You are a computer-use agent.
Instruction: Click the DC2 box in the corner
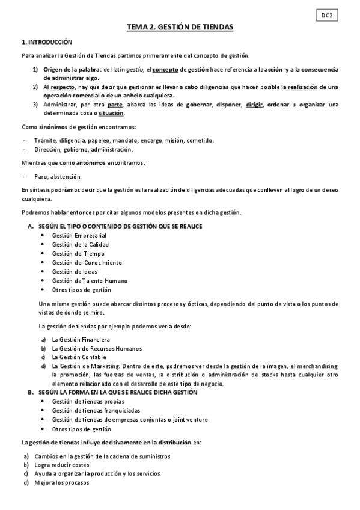[x=327, y=16]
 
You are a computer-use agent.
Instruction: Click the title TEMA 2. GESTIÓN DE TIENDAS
[x=180, y=28]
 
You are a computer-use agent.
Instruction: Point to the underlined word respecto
[x=63, y=87]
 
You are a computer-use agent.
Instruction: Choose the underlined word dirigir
[x=254, y=104]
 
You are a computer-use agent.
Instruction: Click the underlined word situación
[x=111, y=112]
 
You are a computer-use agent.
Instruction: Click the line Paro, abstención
[x=58, y=176]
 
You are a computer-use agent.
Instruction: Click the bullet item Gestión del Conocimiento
[x=87, y=262]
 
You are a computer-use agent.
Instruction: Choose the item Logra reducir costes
[x=62, y=465]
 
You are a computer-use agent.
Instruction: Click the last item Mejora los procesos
[x=62, y=482]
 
